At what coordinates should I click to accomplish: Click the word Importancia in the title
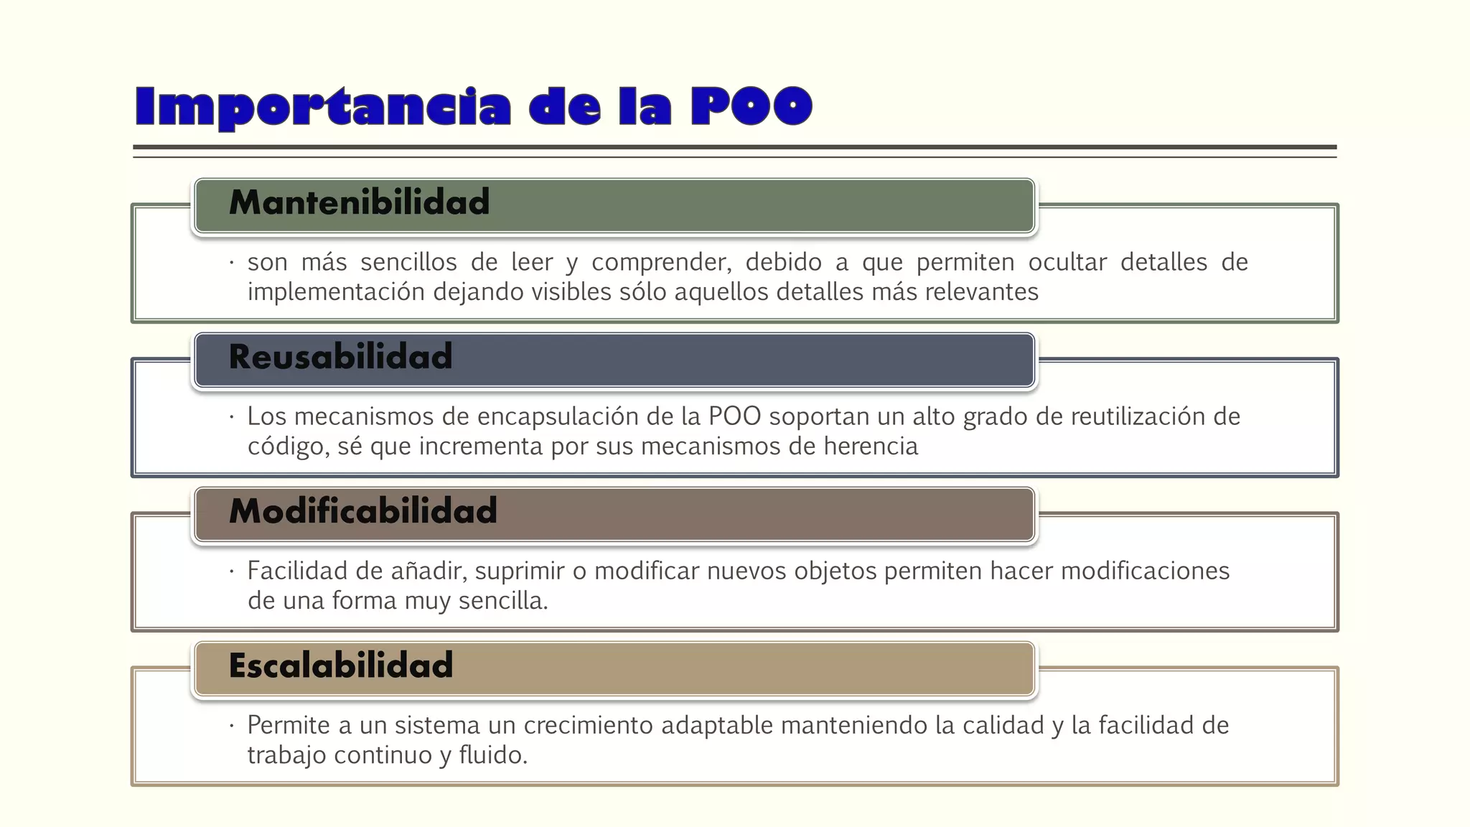(323, 106)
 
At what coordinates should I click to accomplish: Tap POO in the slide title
(751, 106)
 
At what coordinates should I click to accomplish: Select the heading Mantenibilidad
(359, 202)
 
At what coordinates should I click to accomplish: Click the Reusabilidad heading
(340, 357)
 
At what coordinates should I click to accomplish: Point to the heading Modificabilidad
(362, 511)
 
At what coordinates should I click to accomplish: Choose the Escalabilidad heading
(341, 665)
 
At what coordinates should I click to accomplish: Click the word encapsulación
(554, 416)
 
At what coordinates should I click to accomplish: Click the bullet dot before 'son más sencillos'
(232, 263)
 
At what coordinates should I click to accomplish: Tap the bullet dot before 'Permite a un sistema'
(232, 726)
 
